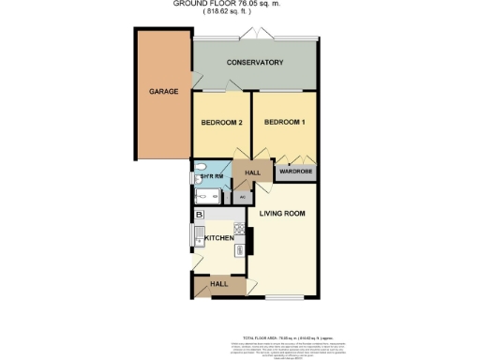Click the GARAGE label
click(157, 92)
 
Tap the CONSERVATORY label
click(255, 63)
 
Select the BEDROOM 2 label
click(222, 123)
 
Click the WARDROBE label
click(295, 172)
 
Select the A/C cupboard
click(242, 198)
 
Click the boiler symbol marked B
click(199, 215)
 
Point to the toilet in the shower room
click(199, 177)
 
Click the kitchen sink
click(199, 237)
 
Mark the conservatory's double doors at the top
click(254, 36)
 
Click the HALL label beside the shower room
click(252, 173)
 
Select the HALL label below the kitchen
click(218, 284)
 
